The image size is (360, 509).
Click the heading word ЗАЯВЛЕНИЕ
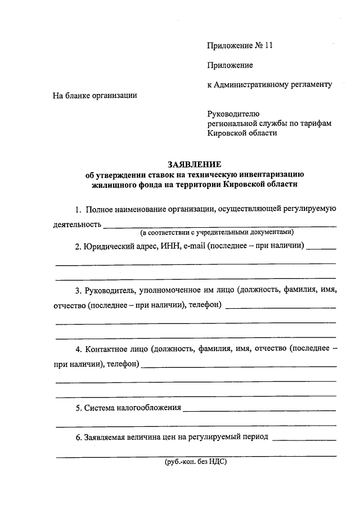coord(195,164)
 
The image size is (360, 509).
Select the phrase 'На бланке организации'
coord(95,95)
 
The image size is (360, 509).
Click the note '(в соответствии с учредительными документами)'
coord(217,232)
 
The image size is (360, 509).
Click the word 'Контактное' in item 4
coord(107,349)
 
